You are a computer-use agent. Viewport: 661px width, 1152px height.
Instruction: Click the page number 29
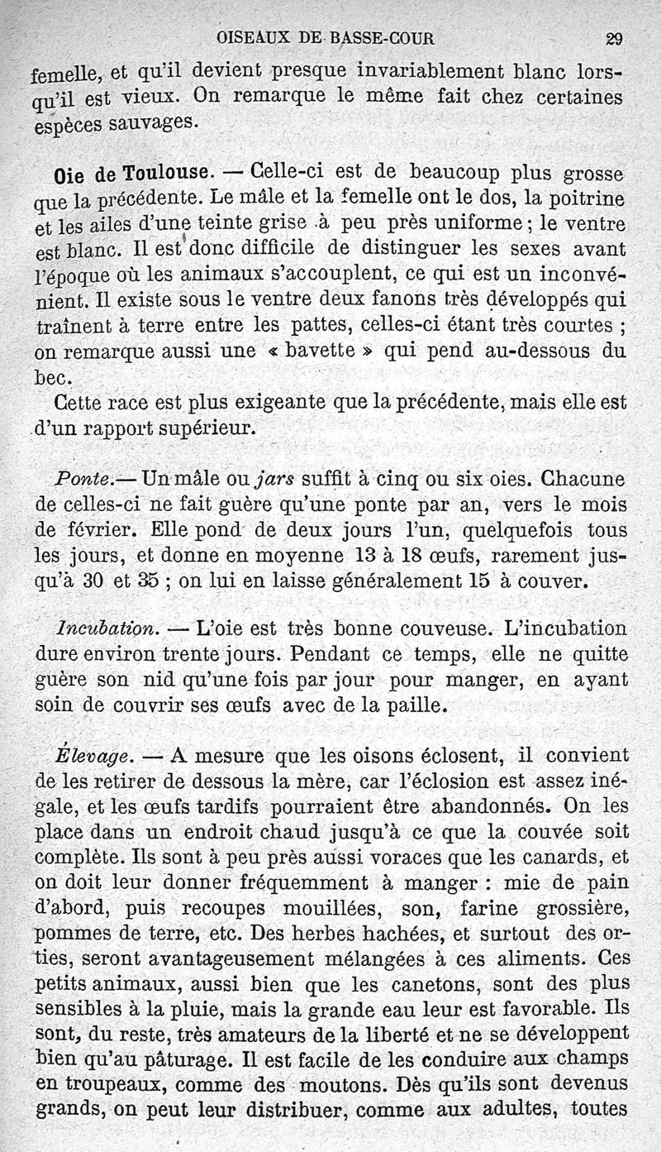coord(614,38)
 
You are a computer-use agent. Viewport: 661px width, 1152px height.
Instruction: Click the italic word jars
coord(276,478)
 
